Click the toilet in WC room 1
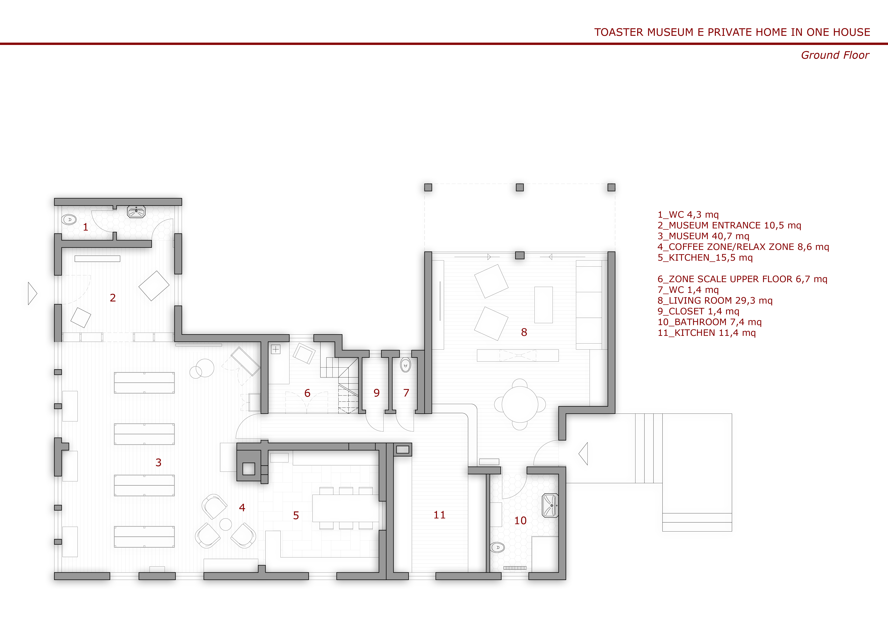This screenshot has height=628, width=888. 69,220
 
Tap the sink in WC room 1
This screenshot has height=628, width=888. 136,212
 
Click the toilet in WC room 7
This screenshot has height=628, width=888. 405,365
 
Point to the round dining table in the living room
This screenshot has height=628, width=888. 520,404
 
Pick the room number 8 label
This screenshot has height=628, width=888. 524,332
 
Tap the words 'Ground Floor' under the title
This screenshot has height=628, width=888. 835,55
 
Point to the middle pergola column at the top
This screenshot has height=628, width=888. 520,188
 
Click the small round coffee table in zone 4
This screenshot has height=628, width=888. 226,524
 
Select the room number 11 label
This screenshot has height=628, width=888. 439,515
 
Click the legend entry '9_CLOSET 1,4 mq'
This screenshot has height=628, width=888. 698,311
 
